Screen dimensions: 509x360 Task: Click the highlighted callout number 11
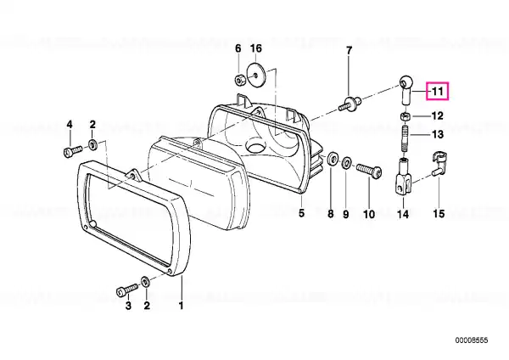tap(438, 92)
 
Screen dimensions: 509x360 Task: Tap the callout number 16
tap(256, 48)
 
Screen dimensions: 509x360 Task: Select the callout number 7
tap(349, 51)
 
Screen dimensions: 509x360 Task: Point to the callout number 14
tap(403, 214)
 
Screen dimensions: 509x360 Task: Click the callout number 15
tap(439, 213)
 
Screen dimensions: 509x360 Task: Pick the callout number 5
tap(301, 213)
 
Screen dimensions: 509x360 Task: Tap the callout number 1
tap(182, 306)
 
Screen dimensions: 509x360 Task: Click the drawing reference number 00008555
tap(472, 340)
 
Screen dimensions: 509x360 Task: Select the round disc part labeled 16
tap(256, 76)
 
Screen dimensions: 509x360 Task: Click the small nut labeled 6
tap(239, 79)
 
